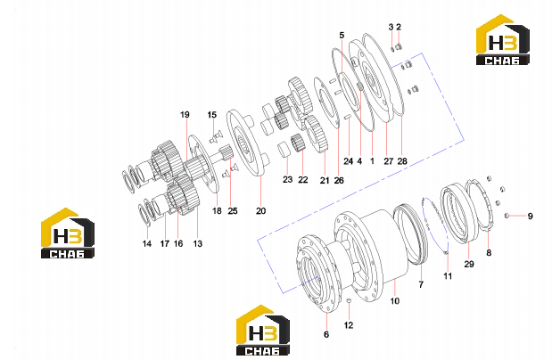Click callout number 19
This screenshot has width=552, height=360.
point(185,115)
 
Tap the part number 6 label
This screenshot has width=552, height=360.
point(326,334)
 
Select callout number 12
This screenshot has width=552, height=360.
point(349,325)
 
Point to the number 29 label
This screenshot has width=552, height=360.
point(469,264)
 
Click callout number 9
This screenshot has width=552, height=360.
point(531,216)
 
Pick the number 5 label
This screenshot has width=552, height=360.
point(342,35)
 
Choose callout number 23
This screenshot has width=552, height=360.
point(288,179)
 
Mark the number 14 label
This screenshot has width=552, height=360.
point(147,243)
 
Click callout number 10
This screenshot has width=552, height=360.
point(395,301)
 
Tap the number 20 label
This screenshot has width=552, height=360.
point(260,211)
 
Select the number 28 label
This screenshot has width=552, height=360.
point(402,161)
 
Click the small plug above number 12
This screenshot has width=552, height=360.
point(349,300)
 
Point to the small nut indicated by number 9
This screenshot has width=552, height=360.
point(507,216)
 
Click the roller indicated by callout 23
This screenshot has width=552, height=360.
point(284,149)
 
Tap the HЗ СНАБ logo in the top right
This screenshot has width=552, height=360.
point(503,40)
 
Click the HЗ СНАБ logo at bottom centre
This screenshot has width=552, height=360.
point(263,330)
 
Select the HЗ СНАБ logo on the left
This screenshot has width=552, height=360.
point(68,233)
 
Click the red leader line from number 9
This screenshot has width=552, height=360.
point(516,216)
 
